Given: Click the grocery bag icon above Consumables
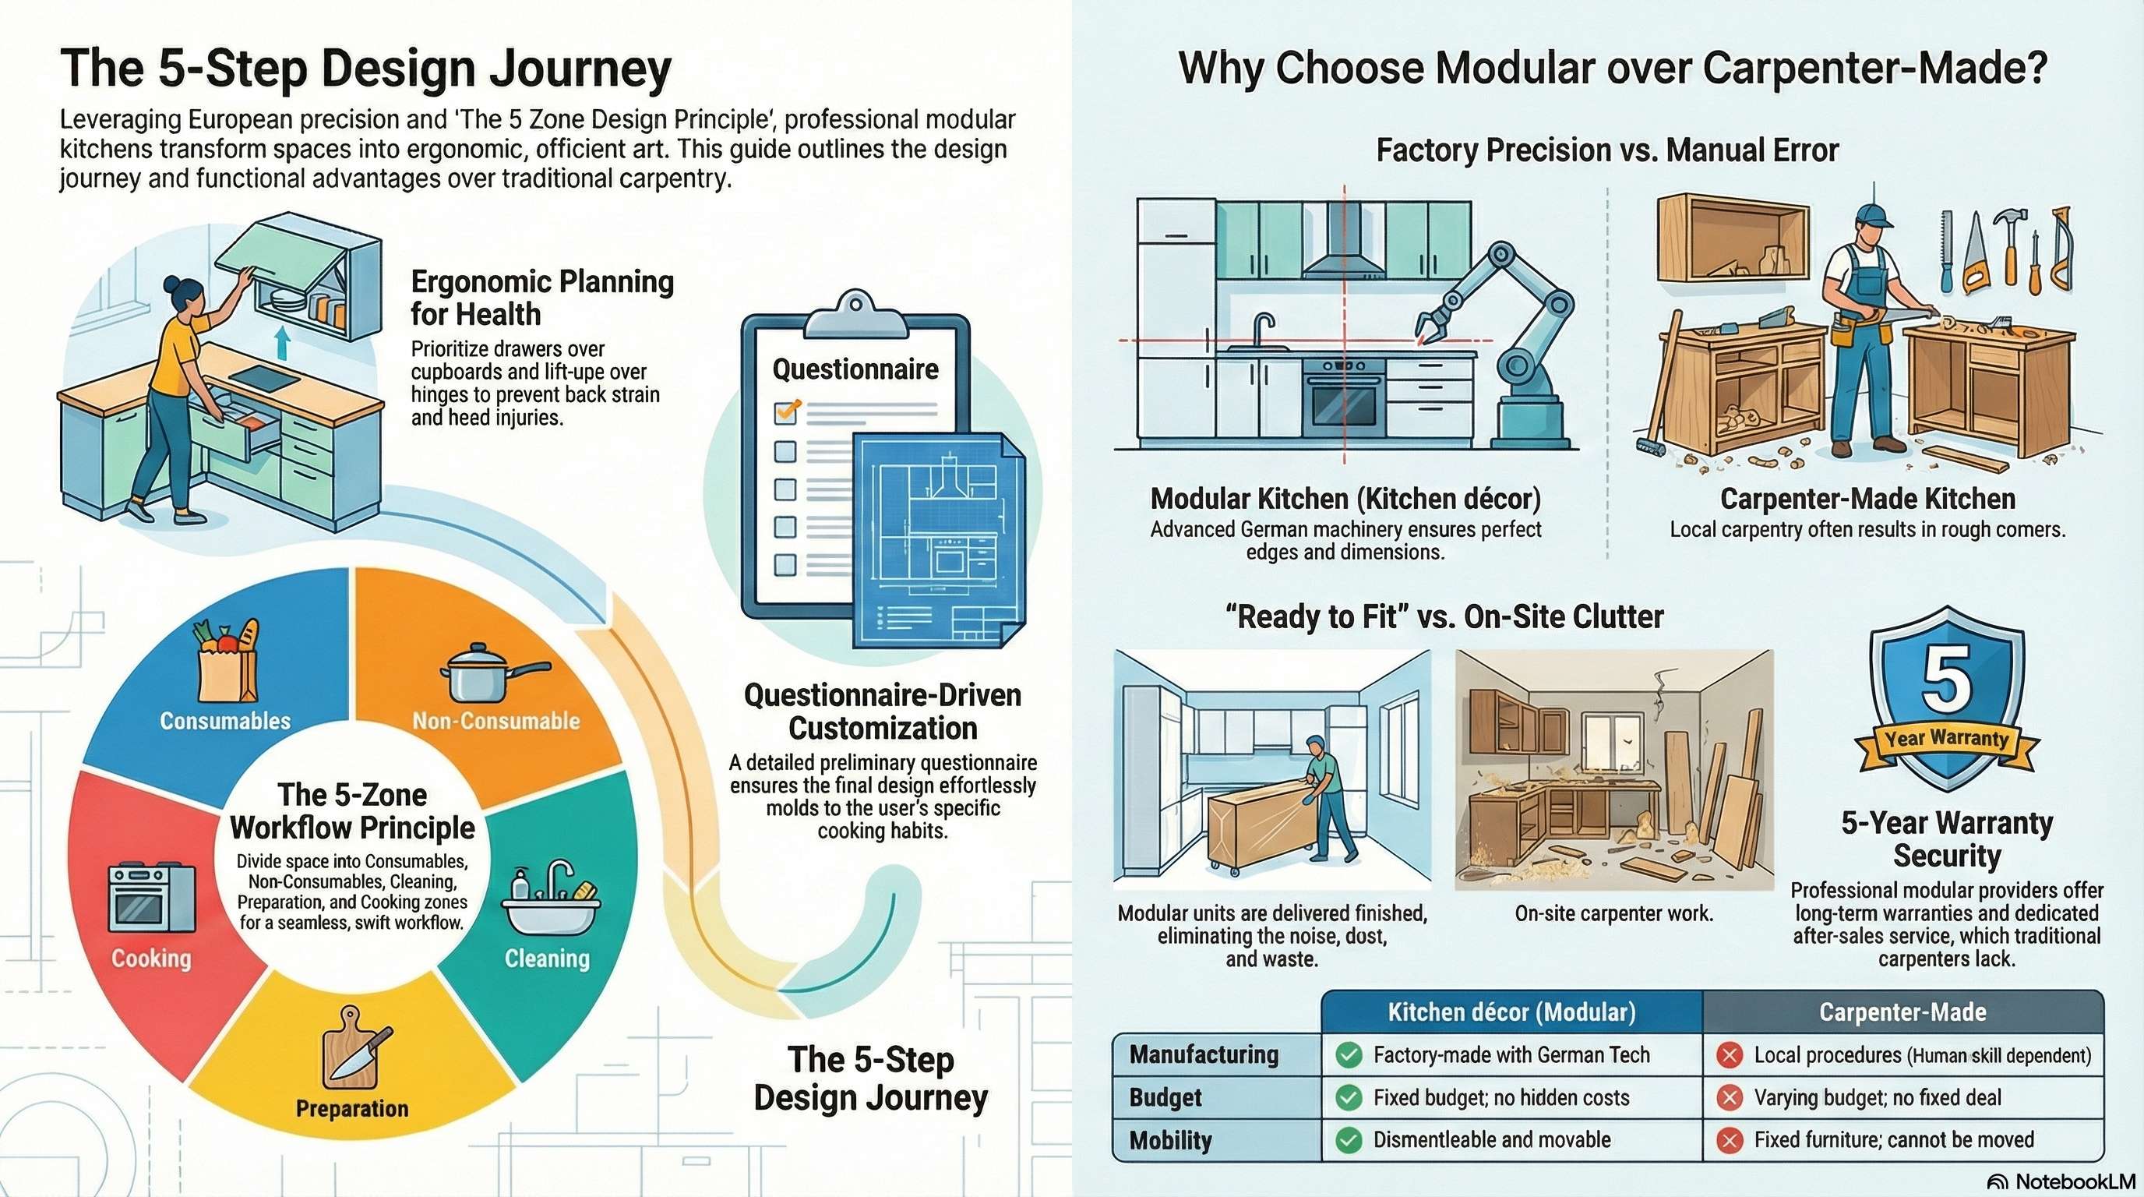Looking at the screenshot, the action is tap(227, 662).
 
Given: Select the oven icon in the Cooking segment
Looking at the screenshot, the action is tap(151, 897).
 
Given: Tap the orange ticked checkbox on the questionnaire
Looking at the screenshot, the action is tap(787, 411).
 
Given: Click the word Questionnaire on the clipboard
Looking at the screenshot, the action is tap(855, 369).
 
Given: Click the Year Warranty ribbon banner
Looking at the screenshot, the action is tap(1946, 740).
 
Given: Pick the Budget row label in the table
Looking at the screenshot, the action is tap(1165, 1097).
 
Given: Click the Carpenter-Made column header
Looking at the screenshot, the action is tap(1902, 1012).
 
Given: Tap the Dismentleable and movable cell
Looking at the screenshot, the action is tap(1491, 1139).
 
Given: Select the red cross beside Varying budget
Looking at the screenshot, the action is tap(1730, 1098).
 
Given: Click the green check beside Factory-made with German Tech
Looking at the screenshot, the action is tap(1349, 1055).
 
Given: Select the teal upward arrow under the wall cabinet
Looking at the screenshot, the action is tap(282, 342).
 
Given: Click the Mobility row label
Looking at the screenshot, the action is tap(1170, 1140).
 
